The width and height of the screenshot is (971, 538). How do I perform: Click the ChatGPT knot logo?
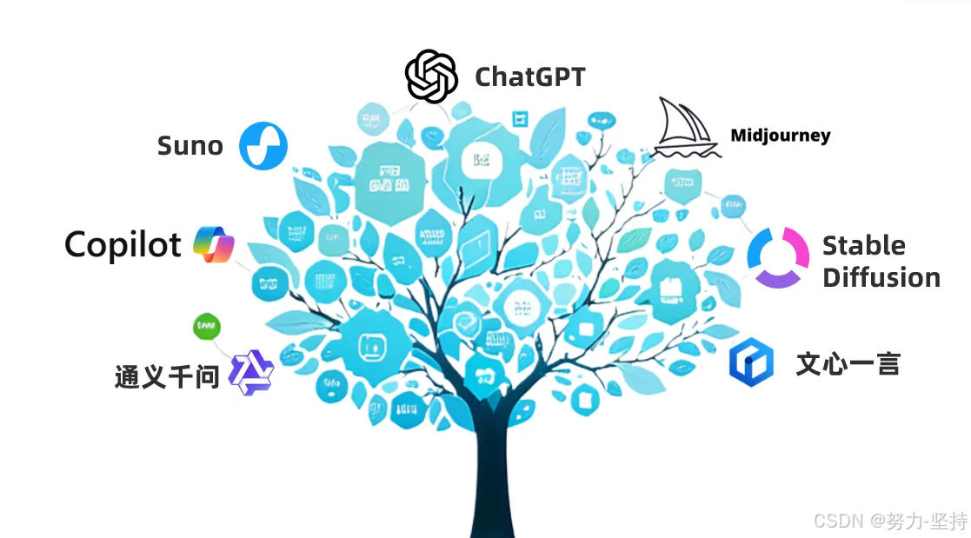(x=431, y=76)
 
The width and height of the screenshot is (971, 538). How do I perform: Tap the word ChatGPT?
(x=529, y=77)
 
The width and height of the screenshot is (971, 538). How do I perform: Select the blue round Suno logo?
(x=263, y=146)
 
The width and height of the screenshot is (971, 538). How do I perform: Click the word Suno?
(x=190, y=146)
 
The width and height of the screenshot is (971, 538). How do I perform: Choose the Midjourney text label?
(x=780, y=136)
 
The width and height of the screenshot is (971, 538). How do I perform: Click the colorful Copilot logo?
(x=214, y=245)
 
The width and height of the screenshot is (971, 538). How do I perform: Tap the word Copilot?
(x=123, y=245)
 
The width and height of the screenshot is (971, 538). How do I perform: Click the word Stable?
(x=863, y=245)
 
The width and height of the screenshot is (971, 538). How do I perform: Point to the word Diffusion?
(x=881, y=278)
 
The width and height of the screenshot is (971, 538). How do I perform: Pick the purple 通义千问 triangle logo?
(x=251, y=374)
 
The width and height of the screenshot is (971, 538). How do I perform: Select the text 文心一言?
(x=848, y=363)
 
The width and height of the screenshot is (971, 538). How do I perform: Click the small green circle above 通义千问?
(x=206, y=327)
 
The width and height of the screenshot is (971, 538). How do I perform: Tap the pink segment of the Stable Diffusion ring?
(x=796, y=244)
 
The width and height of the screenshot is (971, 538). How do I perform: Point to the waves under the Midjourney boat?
(x=688, y=151)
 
